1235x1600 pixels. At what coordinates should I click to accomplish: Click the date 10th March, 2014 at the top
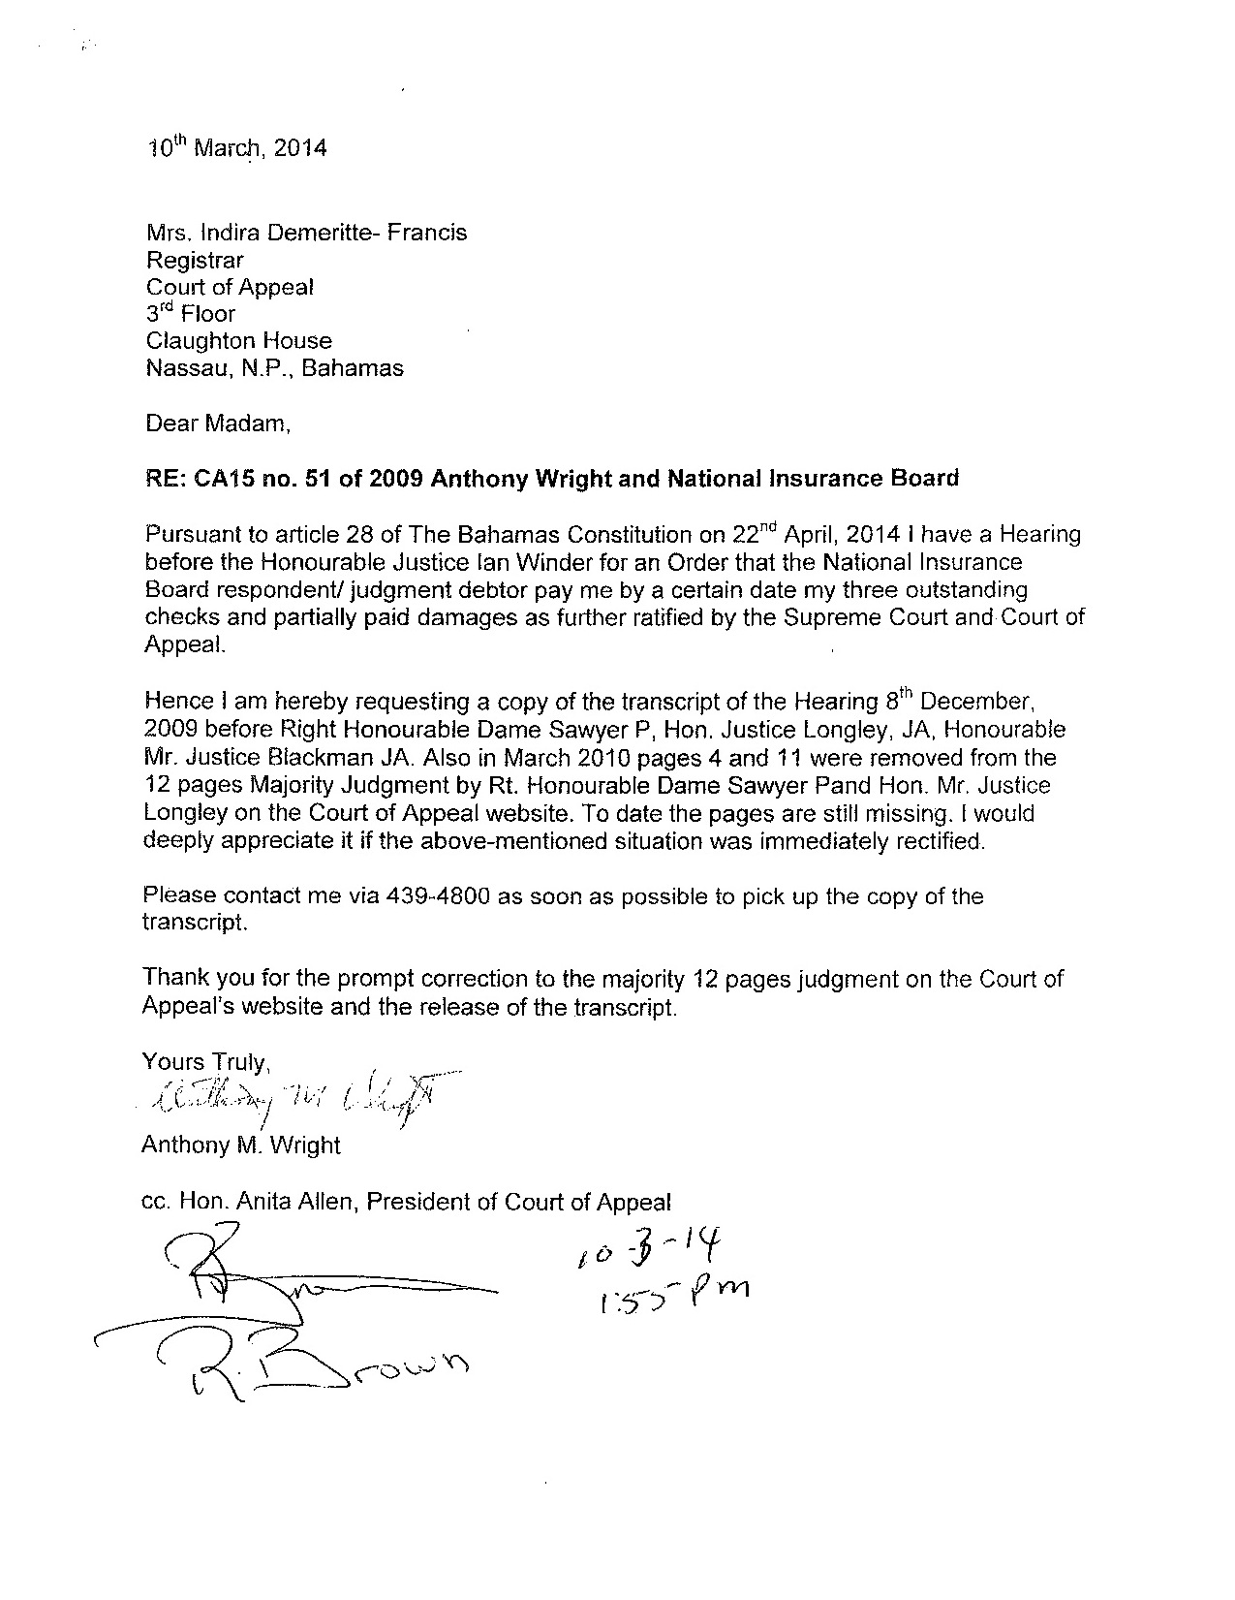[x=236, y=148]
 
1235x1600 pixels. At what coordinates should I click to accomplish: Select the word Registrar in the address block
[x=195, y=261]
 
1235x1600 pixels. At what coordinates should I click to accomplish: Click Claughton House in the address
[x=238, y=341]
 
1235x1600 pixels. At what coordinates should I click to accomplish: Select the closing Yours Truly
[x=203, y=1063]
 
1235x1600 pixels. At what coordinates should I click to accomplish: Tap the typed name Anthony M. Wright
[x=241, y=1145]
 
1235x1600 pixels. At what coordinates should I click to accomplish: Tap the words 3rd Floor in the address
[x=190, y=314]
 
